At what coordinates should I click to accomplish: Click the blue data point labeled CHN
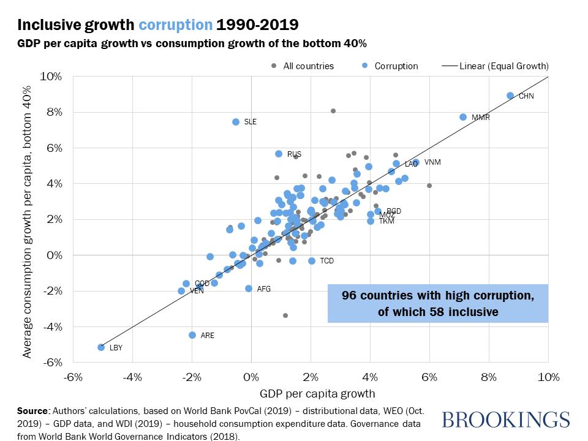pos(510,96)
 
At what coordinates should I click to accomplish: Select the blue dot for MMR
pos(463,117)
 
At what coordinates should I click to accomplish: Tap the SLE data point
pos(236,122)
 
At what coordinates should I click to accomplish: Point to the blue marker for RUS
pos(279,154)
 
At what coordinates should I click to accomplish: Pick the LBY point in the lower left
pos(101,347)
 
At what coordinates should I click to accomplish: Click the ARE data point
pos(192,335)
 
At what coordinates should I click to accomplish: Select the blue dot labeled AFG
pos(249,288)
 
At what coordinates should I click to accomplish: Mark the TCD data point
pos(312,261)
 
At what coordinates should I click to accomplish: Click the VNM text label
pos(432,162)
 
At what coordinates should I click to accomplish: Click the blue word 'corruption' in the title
pos(176,25)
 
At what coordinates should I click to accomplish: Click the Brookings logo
pos(505,420)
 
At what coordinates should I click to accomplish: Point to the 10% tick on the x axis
pos(547,375)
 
